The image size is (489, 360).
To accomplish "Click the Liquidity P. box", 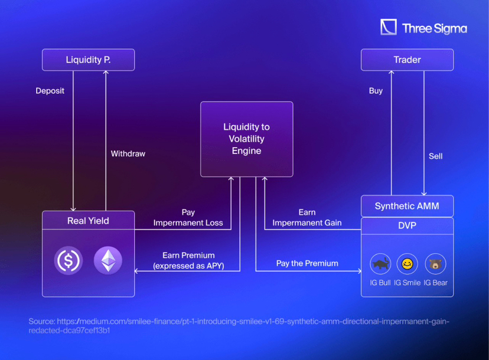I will click(x=88, y=60).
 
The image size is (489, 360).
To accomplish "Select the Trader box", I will click(x=407, y=60).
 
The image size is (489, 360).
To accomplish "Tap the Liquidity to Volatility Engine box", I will click(x=246, y=139).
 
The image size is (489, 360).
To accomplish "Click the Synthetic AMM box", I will click(x=407, y=207).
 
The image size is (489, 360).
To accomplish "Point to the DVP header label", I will click(x=407, y=225).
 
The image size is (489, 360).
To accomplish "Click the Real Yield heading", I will click(x=88, y=221).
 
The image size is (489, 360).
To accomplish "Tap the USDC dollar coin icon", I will click(x=69, y=260).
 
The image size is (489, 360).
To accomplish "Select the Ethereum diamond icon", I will click(x=108, y=260).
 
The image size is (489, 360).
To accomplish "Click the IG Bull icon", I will click(x=380, y=264).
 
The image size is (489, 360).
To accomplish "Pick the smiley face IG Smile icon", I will click(x=407, y=264).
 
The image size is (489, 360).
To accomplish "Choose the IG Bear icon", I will click(x=435, y=264).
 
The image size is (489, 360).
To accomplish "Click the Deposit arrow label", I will click(x=50, y=91).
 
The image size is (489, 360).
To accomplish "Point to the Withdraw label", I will click(x=128, y=153).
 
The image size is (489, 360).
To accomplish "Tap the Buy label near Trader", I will click(x=376, y=91).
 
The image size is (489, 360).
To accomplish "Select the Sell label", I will click(x=435, y=156).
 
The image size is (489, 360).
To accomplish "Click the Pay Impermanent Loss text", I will click(x=188, y=218).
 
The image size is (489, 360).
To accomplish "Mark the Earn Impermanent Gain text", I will click(x=307, y=218).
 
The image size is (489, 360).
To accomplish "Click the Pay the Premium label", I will click(x=307, y=263).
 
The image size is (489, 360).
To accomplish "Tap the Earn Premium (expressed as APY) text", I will click(x=188, y=260).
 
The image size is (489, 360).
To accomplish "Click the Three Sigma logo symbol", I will click(x=389, y=27).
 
